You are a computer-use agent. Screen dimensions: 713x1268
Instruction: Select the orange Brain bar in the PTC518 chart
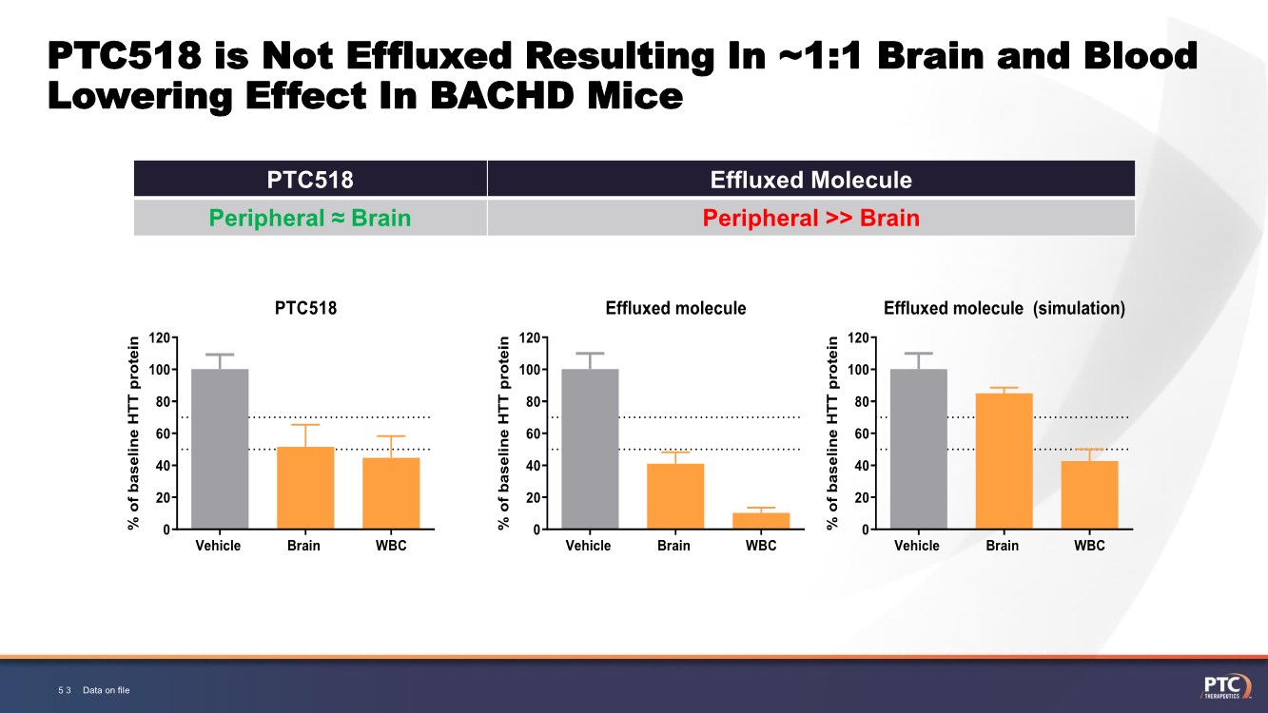click(305, 488)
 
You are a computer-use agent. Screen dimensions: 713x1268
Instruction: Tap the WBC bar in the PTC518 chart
click(391, 493)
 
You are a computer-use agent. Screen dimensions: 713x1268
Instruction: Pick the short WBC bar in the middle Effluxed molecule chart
click(761, 521)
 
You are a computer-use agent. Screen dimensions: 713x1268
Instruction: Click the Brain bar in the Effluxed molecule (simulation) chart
click(1004, 461)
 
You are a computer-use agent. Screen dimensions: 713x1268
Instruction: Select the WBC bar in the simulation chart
click(1089, 495)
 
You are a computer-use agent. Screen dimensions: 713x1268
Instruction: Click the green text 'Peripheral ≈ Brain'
click(310, 218)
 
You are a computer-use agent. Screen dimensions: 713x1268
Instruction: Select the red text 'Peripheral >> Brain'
click(810, 218)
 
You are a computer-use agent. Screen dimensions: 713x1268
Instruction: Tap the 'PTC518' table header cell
click(310, 180)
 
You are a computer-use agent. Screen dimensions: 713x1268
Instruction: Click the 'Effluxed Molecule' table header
click(810, 180)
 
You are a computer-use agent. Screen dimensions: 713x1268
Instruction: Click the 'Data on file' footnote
click(106, 690)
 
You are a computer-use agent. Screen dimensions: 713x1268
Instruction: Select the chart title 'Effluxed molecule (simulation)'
click(1004, 308)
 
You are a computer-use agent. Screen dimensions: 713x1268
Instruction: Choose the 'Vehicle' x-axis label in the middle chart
click(589, 546)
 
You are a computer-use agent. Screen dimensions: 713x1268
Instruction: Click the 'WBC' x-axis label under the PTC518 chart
click(391, 546)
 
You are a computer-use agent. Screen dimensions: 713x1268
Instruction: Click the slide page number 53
click(65, 690)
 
